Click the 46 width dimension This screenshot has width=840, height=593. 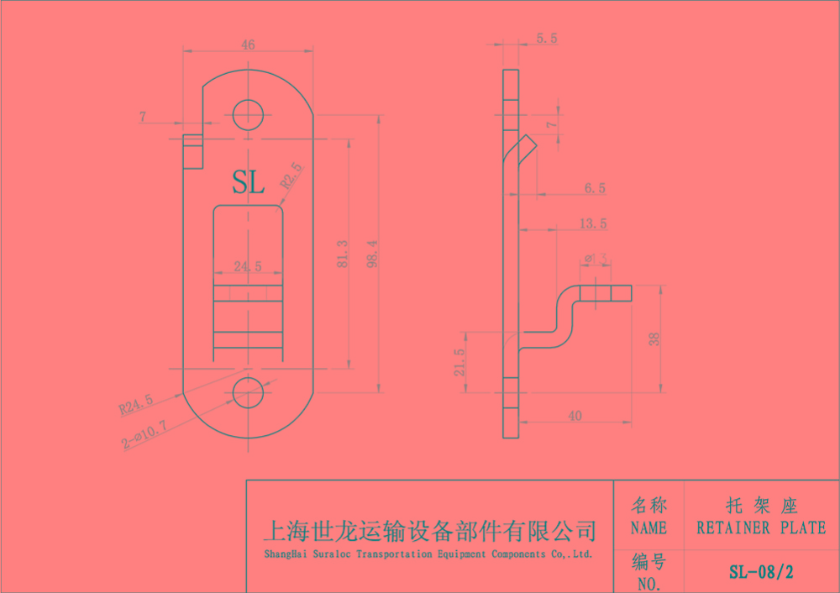click(x=248, y=45)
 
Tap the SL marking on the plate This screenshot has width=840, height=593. click(x=248, y=181)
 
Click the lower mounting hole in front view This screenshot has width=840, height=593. click(x=248, y=391)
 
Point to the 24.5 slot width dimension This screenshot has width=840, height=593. click(x=248, y=266)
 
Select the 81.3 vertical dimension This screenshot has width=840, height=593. click(x=342, y=255)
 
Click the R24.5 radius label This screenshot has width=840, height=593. click(x=136, y=406)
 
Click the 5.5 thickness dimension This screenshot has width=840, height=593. click(x=546, y=39)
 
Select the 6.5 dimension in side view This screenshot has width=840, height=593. click(x=594, y=189)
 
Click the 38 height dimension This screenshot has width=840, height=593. click(x=654, y=338)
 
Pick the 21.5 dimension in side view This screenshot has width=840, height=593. click(x=459, y=364)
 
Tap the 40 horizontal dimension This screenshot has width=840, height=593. click(x=575, y=415)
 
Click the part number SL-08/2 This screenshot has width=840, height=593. click(x=761, y=573)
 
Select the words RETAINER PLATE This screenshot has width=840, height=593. click(x=761, y=528)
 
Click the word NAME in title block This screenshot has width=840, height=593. click(x=648, y=528)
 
